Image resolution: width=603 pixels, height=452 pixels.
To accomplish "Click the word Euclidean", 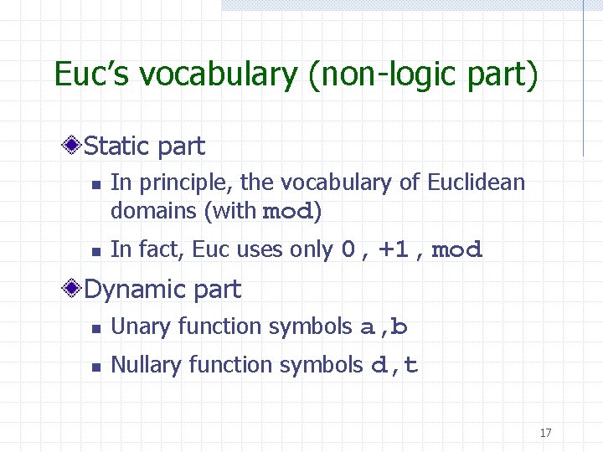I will coord(476,182).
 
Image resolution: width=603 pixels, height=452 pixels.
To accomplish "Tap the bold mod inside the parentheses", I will coord(286,212).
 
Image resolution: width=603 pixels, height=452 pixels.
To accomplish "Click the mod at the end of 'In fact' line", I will coord(456,249).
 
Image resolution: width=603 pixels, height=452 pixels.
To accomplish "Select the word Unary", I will coord(137,326).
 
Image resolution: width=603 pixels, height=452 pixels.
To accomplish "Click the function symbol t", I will coord(411,365).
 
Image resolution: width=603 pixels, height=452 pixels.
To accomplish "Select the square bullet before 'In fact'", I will coord(95,250).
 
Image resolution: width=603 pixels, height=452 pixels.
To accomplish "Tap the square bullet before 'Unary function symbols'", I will coord(95,328).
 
